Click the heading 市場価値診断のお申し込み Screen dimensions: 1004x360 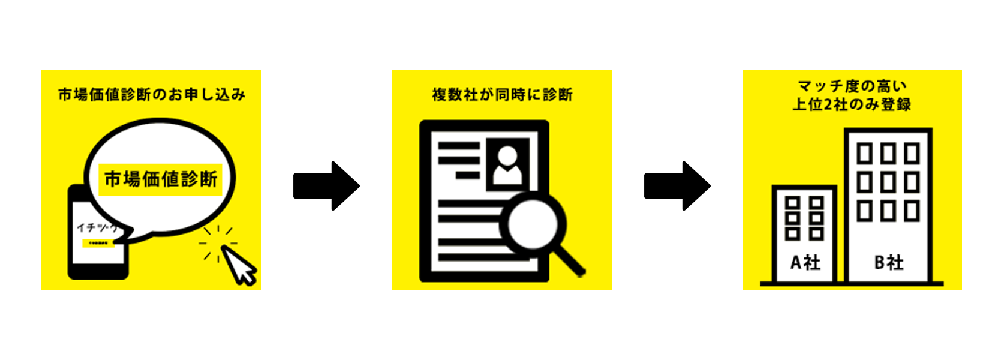point(151,95)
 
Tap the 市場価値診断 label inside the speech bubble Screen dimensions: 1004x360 point(161,179)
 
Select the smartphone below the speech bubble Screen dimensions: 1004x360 point(98,252)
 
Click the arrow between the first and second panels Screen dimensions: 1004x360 point(326,186)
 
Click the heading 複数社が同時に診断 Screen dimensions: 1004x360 point(502,95)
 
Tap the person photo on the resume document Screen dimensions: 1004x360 point(507,165)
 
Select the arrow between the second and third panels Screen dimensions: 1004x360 point(677,186)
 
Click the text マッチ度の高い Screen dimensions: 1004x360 point(852,87)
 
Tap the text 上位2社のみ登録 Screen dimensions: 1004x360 point(852,104)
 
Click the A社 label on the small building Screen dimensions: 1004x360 point(805,262)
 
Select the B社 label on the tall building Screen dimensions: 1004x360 point(888,262)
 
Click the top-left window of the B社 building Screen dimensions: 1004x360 point(864,154)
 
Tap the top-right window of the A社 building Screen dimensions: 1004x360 point(816,203)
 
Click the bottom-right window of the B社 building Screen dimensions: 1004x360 point(912,211)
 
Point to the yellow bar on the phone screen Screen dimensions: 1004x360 point(98,243)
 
